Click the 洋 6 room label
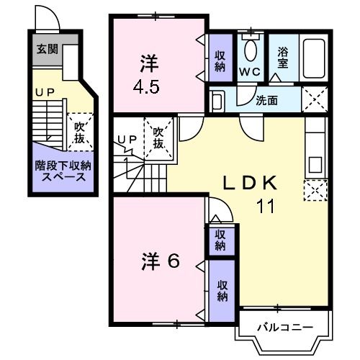click(x=159, y=263)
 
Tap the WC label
click(x=249, y=72)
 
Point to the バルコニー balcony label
click(x=286, y=328)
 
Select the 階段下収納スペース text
click(x=61, y=171)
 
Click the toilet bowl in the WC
click(x=250, y=50)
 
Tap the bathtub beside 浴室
click(x=314, y=56)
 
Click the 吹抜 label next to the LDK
click(x=158, y=137)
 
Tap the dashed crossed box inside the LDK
click(x=315, y=189)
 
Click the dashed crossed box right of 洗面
click(x=315, y=97)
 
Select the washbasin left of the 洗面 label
click(x=219, y=98)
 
